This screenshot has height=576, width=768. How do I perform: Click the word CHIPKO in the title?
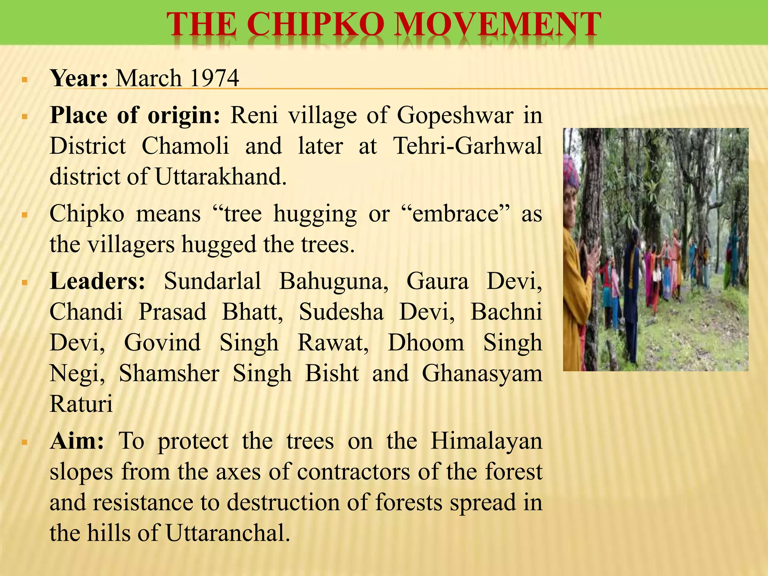[315, 24]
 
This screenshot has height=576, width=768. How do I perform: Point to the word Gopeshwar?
[455, 115]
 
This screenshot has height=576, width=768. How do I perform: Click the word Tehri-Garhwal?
[467, 145]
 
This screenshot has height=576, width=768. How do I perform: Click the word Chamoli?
[185, 145]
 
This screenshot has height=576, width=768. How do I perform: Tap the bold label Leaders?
[97, 281]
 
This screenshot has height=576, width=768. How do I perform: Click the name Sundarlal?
[212, 281]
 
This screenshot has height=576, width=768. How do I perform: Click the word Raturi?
[81, 404]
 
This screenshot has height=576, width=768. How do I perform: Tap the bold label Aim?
[77, 441]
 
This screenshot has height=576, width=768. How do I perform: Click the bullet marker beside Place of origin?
[25, 117]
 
